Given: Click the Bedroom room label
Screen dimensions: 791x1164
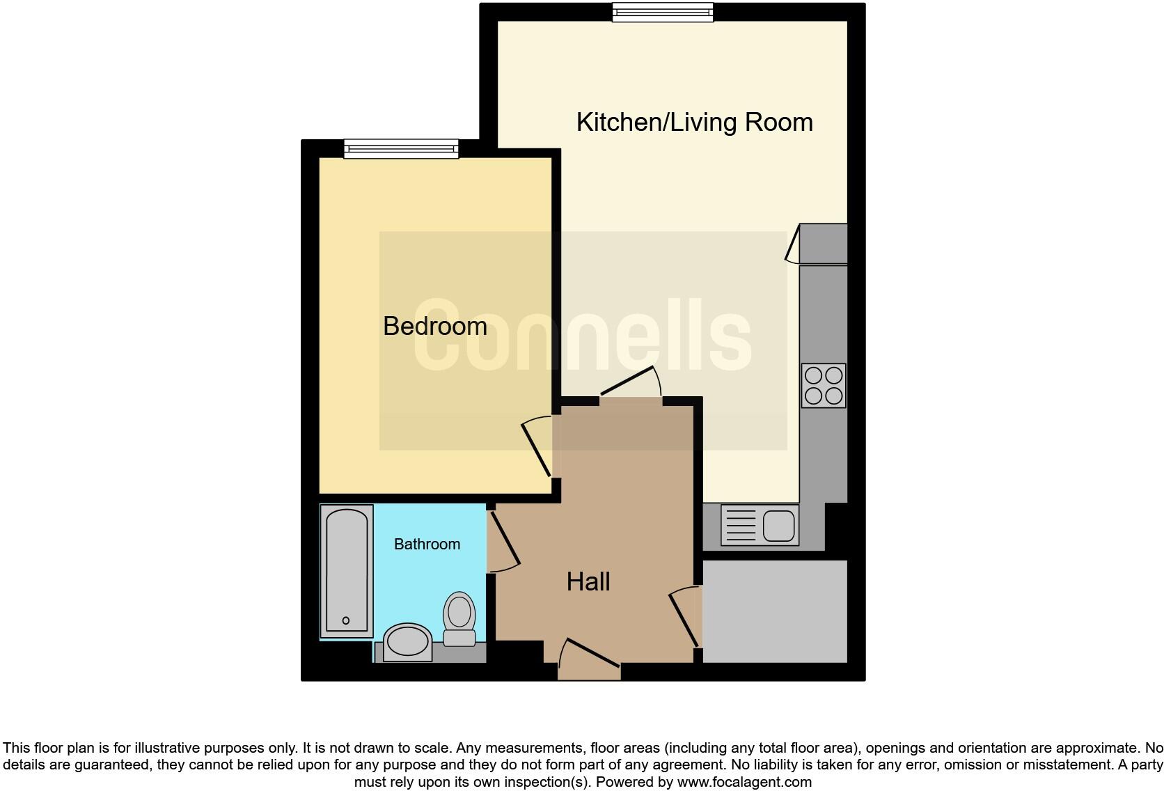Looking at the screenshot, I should pos(434,326).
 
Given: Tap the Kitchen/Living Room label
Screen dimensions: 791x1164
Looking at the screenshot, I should pos(694,122).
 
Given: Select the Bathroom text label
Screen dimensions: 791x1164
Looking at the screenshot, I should pos(427,544).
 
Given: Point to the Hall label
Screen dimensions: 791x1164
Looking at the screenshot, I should pos(588,581).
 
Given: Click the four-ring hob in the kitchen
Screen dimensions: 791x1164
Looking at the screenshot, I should pos(824,385).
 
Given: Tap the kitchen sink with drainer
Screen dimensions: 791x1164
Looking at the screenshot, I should pos(760,524).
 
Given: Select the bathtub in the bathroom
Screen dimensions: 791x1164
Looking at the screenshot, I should pos(347,570).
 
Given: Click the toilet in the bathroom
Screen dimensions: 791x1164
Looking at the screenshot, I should pos(459,618).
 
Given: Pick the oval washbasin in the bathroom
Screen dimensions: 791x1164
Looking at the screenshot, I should pos(408,641).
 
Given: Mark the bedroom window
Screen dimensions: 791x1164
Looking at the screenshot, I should pos(402,148).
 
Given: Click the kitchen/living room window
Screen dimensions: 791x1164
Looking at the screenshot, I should pos(663,12).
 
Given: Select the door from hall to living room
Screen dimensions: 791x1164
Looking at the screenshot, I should pos(629,383).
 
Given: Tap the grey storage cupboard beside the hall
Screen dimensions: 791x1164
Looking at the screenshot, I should pos(775,611).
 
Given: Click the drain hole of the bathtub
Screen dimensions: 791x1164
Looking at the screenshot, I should pos(346,620).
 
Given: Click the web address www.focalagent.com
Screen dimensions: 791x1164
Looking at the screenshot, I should pos(744,782).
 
